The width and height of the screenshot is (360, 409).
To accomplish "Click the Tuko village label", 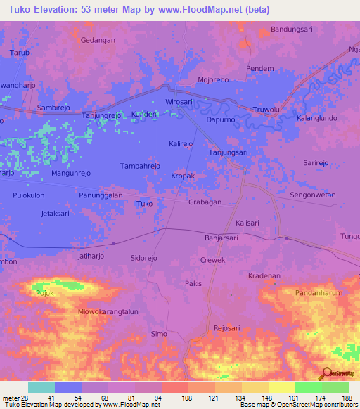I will coord(144,204).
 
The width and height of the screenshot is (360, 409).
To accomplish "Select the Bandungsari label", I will coord(291,30).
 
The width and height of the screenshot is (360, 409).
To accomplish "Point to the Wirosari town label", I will coord(179,102).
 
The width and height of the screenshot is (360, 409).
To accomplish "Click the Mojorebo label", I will coord(214,80).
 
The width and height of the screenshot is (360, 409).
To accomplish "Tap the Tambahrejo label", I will coord(141,166).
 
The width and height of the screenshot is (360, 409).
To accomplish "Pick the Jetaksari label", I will coord(58,212).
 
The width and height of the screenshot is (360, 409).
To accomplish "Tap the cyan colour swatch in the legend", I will coord(41,387).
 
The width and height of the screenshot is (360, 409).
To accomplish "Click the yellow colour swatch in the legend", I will coord(281,387).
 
